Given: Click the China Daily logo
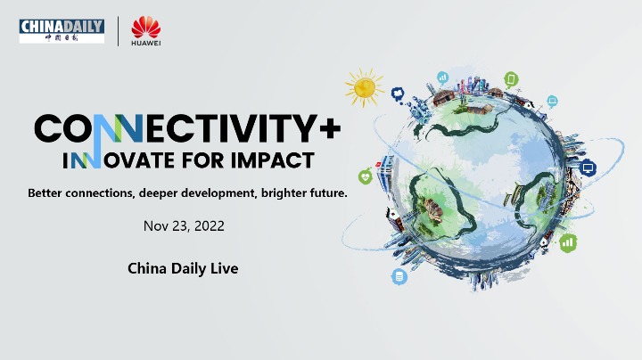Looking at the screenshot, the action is (62, 30).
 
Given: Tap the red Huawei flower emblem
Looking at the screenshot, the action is (146, 27).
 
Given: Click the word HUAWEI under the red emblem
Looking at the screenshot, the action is (146, 43).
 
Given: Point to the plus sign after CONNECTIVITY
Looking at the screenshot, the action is (330, 128).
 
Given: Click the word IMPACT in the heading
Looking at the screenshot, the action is (273, 160).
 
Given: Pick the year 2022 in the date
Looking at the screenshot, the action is (210, 225).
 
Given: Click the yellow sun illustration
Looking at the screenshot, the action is (365, 87).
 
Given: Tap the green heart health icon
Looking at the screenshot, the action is (366, 176).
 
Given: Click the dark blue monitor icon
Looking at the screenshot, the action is (588, 168).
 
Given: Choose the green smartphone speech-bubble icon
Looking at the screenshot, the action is (511, 79).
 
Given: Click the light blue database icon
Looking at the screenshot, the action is (399, 277).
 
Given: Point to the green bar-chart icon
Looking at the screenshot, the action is (568, 243).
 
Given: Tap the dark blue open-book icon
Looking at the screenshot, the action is (397, 94).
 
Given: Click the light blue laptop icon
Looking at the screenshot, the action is (552, 101).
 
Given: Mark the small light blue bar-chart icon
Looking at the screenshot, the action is (442, 78).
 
